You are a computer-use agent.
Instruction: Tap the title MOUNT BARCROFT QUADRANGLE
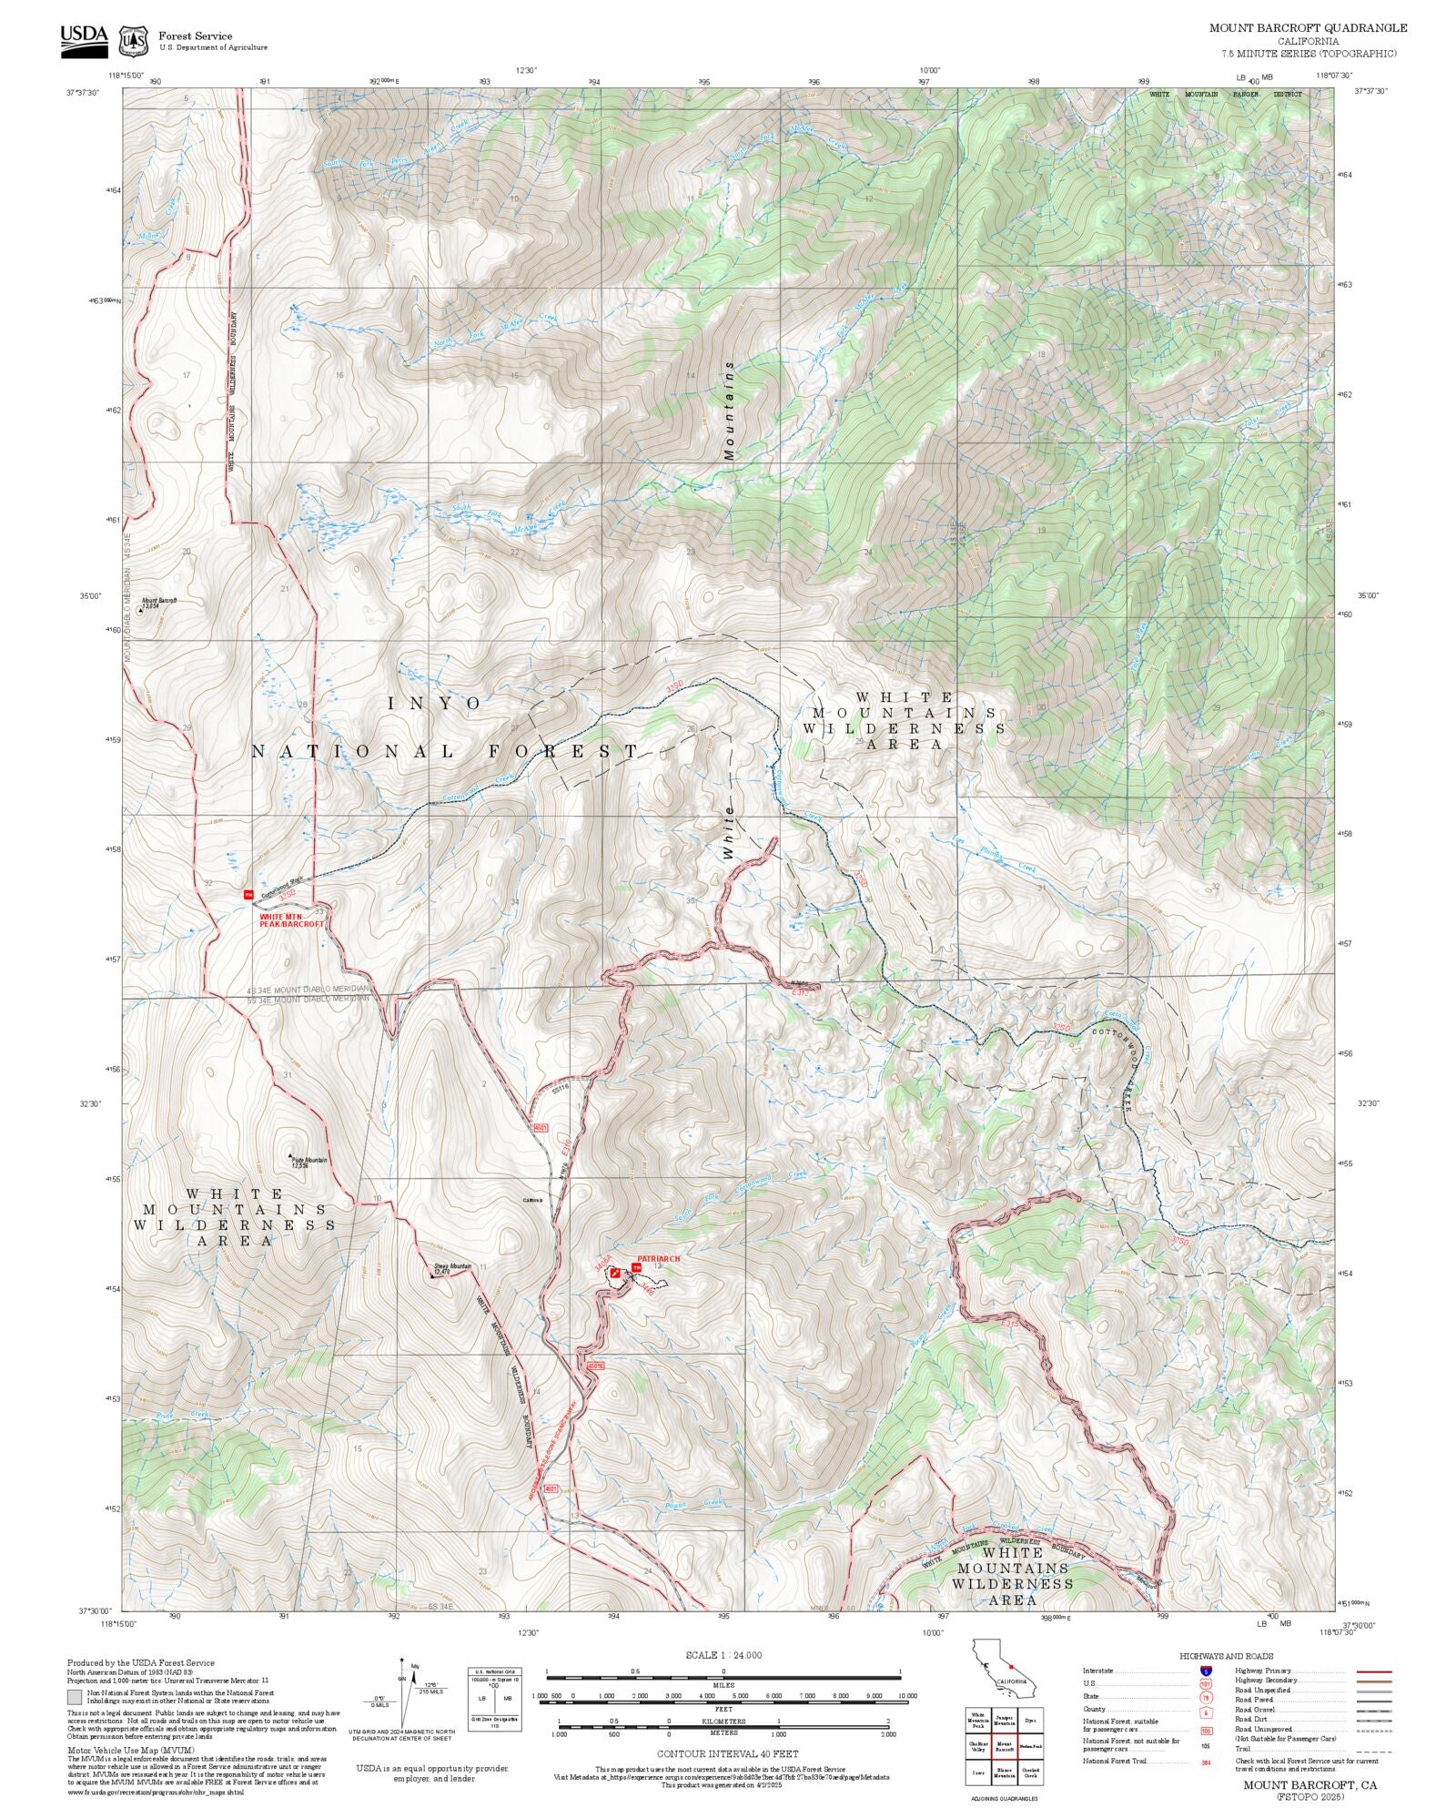1308,28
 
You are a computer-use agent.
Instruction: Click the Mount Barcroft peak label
158,602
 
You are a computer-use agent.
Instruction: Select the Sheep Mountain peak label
451,1268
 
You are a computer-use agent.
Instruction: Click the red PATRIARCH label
658,1259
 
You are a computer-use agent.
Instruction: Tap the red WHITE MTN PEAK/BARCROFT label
291,920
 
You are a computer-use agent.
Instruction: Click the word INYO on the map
434,704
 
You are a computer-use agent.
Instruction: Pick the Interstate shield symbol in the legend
1206,1671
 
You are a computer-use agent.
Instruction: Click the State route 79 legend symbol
1206,1697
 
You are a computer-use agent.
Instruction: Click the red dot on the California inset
1010,1668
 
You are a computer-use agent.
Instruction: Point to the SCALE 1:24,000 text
723,1655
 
